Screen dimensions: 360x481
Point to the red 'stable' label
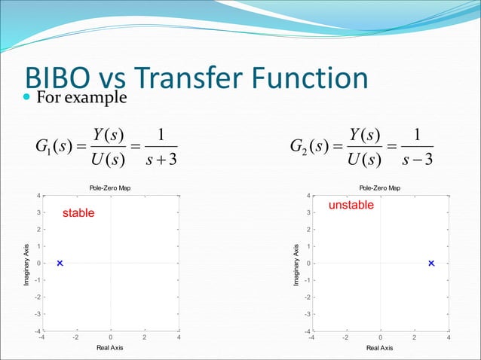point(78,213)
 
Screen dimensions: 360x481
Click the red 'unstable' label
point(351,205)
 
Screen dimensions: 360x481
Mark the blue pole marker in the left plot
point(60,263)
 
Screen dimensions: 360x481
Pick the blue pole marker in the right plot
point(431,263)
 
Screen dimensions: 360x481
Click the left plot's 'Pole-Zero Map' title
point(110,188)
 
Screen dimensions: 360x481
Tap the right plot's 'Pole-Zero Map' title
point(380,188)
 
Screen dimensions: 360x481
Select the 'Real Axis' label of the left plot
point(110,348)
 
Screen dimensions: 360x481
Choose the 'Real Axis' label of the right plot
point(380,348)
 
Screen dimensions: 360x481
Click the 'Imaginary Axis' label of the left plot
point(25,263)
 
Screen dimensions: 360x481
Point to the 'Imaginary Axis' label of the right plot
point(295,263)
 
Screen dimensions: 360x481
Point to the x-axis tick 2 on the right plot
point(415,338)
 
